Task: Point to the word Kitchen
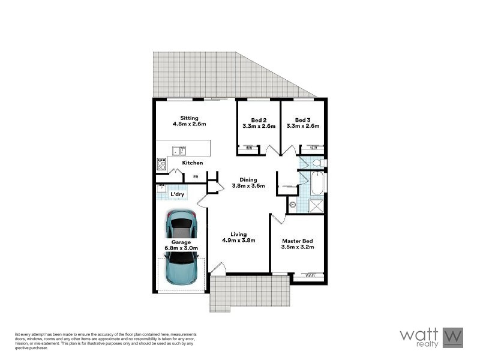coord(193,163)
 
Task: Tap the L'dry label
coord(177,194)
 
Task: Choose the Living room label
coord(239,234)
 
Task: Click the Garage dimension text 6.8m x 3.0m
coord(181,248)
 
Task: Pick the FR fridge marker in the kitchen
coord(196,176)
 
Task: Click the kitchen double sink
coord(179,151)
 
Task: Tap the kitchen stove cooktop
coord(162,163)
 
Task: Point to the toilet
coord(317,163)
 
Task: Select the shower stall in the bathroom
coord(316,206)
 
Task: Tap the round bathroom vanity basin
coord(292,205)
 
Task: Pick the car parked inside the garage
coord(181,224)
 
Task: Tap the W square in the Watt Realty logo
coord(453,337)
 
